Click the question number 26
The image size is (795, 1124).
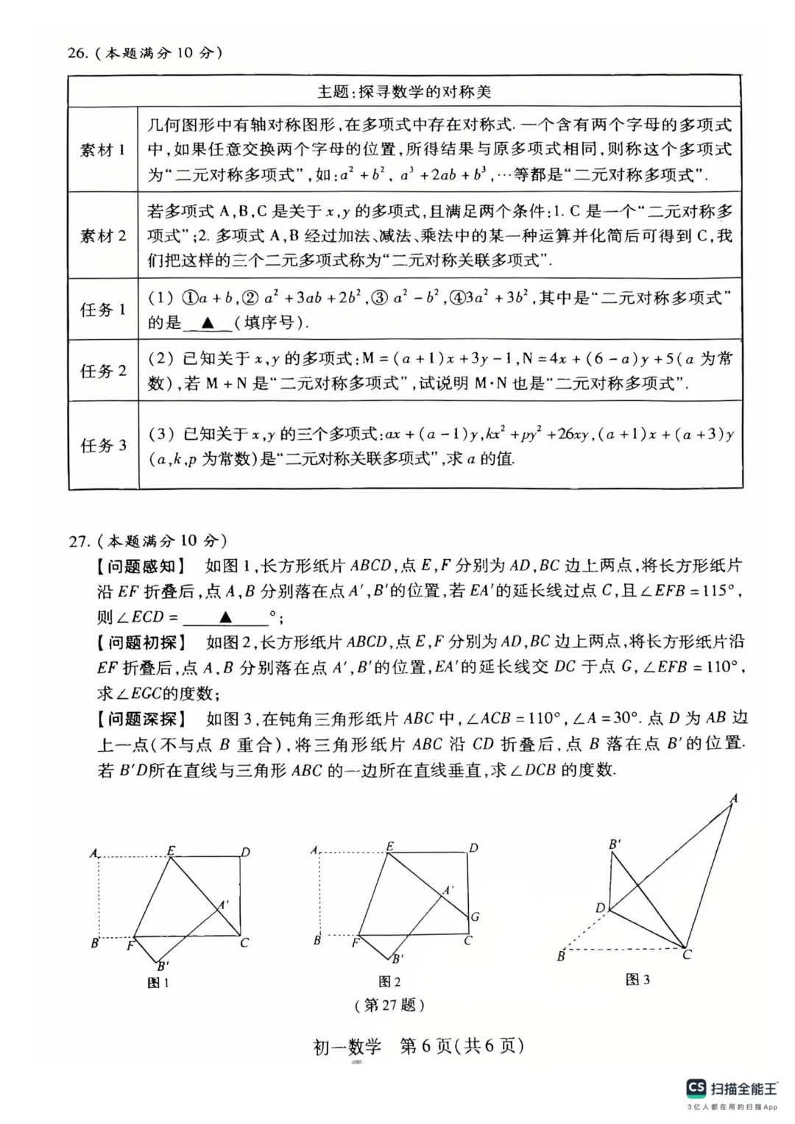[x=77, y=54]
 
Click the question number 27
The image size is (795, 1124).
[x=79, y=541]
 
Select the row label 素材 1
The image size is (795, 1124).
[x=102, y=150]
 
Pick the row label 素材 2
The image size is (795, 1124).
[x=102, y=236]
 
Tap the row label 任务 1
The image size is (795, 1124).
[x=102, y=310]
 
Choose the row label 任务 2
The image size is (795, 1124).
[x=102, y=371]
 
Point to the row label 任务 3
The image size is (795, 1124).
[x=102, y=445]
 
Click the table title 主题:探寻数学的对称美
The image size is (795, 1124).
[x=404, y=92]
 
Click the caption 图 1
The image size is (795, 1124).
[x=158, y=983]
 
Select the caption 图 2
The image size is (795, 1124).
[x=389, y=981]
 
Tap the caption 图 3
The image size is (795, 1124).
[x=637, y=979]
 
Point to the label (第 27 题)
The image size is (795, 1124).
[x=389, y=1005]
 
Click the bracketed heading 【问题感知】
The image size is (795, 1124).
[x=141, y=566]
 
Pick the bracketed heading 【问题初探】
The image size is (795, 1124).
[x=141, y=642]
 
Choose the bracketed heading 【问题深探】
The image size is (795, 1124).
[x=141, y=719]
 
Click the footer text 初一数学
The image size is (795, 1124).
[x=348, y=1045]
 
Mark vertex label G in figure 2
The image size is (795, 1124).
[x=475, y=917]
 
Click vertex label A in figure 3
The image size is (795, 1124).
[x=733, y=798]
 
